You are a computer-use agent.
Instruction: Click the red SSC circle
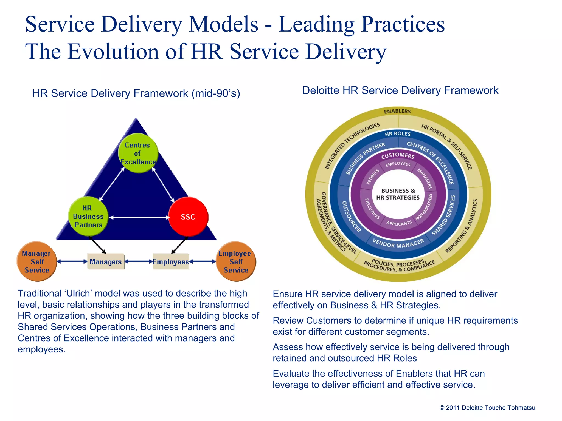[188, 217]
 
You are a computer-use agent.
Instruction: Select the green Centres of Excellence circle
[138, 153]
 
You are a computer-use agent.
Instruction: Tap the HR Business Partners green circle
[88, 216]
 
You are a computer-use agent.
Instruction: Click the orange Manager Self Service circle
[37, 261]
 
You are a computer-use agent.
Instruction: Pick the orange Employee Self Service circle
[236, 261]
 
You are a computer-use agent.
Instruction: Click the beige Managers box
[106, 262]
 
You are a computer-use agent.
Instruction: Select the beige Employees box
[171, 262]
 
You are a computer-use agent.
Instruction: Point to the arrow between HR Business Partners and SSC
[139, 218]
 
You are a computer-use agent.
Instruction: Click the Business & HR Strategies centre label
[398, 194]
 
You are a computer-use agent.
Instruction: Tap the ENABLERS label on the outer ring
[397, 111]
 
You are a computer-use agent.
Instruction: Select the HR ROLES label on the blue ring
[398, 134]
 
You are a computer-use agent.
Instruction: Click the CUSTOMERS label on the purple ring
[398, 155]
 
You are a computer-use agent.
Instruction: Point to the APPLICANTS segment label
[399, 223]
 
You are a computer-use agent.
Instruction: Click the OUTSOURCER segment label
[351, 217]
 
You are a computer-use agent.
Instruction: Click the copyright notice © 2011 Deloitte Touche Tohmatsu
[487, 408]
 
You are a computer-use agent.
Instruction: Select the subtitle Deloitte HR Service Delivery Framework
[400, 90]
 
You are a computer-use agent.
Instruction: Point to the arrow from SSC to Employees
[179, 246]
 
